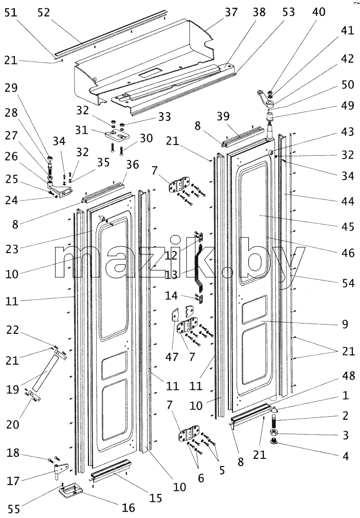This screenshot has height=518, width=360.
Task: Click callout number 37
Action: [x=231, y=12]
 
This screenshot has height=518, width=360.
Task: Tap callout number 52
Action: [x=44, y=12]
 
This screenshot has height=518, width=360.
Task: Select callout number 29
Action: [x=11, y=88]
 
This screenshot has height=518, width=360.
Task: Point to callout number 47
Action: [x=172, y=357]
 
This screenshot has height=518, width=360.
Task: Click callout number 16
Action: [x=129, y=507]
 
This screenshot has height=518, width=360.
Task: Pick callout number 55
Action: [x=13, y=509]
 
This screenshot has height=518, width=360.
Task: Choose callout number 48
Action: [x=349, y=376]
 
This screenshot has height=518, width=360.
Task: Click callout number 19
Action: [x=13, y=389]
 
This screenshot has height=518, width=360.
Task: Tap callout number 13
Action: [x=171, y=275]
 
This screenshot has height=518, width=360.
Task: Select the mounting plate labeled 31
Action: [x=116, y=135]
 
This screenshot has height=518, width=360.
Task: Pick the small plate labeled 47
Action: [x=175, y=315]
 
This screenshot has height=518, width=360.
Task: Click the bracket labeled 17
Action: [x=61, y=470]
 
